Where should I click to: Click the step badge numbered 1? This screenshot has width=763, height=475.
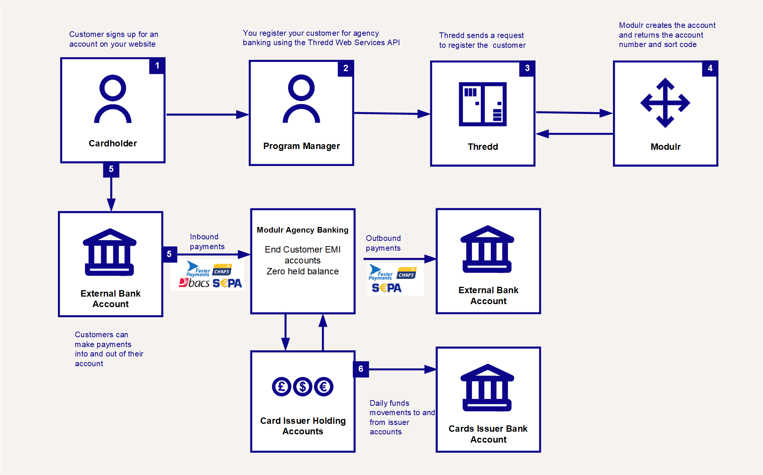click(x=157, y=66)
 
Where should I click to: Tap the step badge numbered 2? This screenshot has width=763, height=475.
click(x=346, y=69)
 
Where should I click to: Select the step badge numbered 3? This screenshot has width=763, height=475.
click(x=527, y=69)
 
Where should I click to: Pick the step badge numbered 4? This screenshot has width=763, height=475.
click(x=710, y=69)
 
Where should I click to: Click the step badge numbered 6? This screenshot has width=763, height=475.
click(x=361, y=369)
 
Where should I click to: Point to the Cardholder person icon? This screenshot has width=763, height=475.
click(x=113, y=99)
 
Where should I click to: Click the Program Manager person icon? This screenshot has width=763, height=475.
click(x=301, y=99)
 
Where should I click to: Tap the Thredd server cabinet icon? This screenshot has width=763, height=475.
click(x=482, y=104)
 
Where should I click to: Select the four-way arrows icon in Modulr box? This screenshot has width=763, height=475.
click(x=665, y=103)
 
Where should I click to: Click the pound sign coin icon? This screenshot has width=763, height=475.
click(x=281, y=387)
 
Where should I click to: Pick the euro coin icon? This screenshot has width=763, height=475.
click(x=324, y=387)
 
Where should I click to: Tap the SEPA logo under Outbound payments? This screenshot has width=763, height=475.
click(x=387, y=288)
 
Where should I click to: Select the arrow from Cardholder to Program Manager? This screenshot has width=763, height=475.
click(x=207, y=114)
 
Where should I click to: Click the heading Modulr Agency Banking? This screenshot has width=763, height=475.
click(x=302, y=230)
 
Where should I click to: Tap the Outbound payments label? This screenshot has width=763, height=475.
click(x=383, y=243)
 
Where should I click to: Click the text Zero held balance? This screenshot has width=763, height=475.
click(x=302, y=271)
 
